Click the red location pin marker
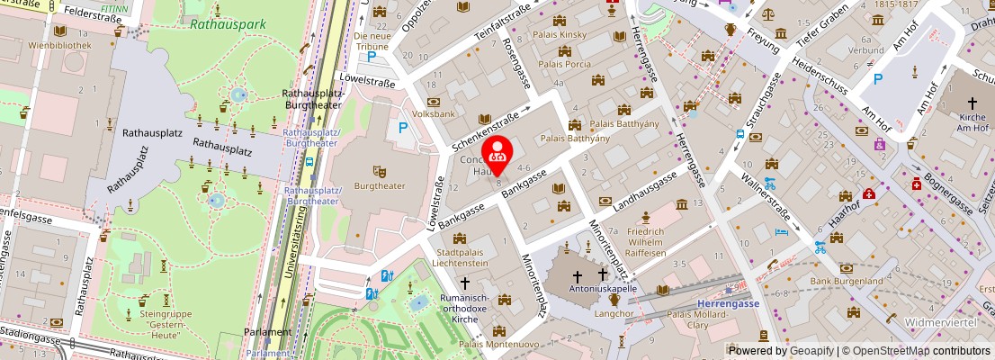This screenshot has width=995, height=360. [x=497, y=151]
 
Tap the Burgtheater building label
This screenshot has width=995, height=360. [x=380, y=186]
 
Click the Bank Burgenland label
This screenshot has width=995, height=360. [x=846, y=281]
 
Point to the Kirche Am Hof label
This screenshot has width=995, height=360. [x=973, y=123]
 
